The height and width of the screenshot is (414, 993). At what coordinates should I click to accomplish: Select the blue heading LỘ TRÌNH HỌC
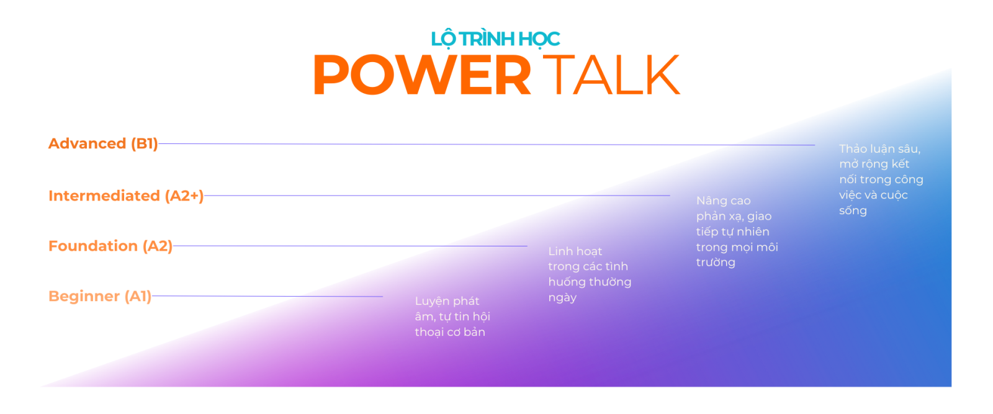coord(496,39)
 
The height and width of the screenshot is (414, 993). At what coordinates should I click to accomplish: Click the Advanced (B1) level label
coord(103,143)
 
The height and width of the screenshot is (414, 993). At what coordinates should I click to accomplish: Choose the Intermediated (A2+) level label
coord(126,196)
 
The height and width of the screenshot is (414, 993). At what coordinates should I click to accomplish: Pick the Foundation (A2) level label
coord(110,246)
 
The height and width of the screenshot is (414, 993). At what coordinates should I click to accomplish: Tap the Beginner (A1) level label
coord(100,296)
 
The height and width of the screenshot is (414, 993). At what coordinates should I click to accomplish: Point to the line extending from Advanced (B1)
coord(487,144)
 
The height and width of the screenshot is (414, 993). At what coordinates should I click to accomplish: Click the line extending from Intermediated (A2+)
coord(437,196)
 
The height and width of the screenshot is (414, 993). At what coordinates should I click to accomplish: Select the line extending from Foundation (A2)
coord(350,246)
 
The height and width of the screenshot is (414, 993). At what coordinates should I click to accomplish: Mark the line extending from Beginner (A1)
coord(267,296)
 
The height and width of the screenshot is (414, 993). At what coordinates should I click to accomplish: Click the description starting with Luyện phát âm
coord(452,317)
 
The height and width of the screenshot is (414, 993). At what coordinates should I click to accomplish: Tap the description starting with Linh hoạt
coord(590,274)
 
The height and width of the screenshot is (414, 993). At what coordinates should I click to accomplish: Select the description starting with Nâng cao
coord(737,232)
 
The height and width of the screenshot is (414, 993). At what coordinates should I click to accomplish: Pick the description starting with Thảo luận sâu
coord(881,179)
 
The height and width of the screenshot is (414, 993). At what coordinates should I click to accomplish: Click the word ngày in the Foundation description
coord(562,298)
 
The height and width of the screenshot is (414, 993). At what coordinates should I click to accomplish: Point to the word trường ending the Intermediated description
coord(716,263)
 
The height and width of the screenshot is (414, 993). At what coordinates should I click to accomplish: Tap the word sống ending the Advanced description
coord(853,211)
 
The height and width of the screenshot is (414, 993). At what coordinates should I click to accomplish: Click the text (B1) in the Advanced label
coord(144,143)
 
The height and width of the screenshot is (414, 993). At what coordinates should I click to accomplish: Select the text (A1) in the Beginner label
coord(138,296)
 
